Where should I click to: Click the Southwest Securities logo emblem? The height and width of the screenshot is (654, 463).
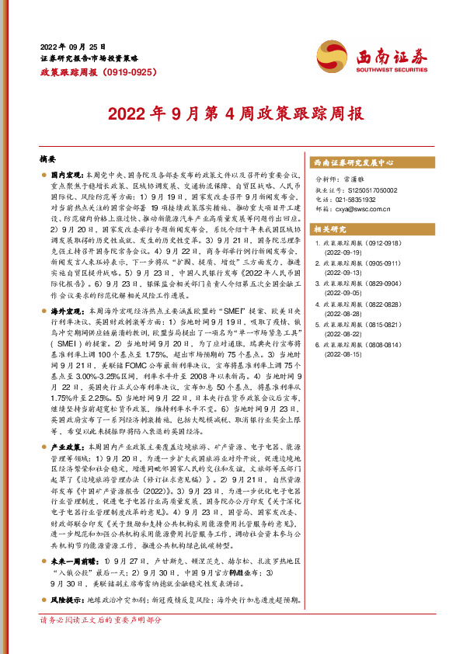pos(336,57)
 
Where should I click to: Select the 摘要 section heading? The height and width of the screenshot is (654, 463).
pos(48,158)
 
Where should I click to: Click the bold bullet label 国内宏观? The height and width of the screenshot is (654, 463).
pos(68,177)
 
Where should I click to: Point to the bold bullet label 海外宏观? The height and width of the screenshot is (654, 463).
pos(68,287)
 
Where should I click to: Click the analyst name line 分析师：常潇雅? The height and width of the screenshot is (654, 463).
pos(343,179)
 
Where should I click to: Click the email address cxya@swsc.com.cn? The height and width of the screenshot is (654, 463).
pos(355,208)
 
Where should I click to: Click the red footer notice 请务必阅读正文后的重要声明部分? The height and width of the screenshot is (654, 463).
pos(100,642)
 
